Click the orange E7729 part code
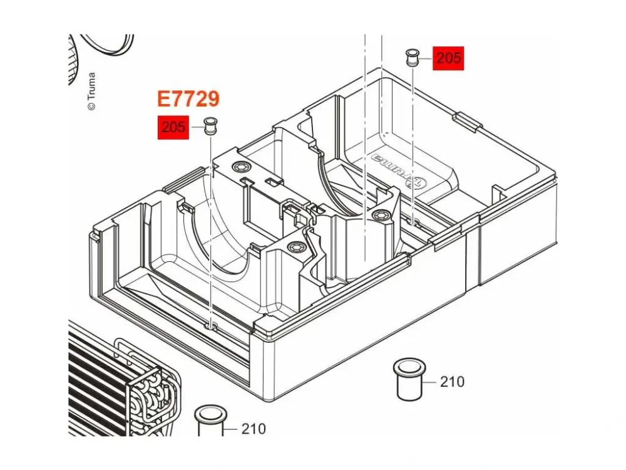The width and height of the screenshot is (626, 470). tap(188, 99)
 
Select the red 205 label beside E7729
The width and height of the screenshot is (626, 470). tap(173, 127)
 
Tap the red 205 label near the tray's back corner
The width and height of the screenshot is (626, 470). tap(448, 58)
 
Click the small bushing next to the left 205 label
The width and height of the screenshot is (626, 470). tap(210, 127)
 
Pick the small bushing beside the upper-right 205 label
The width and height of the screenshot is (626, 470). tap(413, 58)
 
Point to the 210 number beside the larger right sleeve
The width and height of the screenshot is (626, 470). tap(453, 382)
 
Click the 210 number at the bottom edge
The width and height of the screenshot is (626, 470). tap(254, 429)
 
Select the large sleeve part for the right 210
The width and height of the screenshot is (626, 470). tap(409, 380)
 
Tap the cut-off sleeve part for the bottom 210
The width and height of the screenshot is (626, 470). tap(210, 422)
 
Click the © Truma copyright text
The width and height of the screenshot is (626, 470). tap(91, 91)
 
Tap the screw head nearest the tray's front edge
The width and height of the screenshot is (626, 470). tap(296, 248)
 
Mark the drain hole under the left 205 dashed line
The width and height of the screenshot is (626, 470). tap(211, 326)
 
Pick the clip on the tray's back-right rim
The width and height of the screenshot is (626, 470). tap(468, 122)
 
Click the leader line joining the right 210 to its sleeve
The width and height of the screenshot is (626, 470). tap(431, 382)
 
